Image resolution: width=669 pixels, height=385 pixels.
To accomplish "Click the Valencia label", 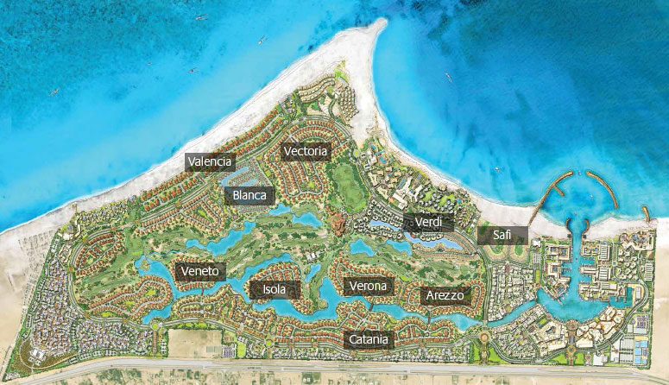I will click(210, 161).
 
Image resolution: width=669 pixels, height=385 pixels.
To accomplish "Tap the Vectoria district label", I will click(306, 151).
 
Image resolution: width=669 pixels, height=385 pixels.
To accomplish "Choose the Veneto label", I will click(202, 271).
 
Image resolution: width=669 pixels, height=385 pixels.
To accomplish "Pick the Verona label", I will click(369, 286).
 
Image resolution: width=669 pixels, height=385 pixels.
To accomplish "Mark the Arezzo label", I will click(445, 295).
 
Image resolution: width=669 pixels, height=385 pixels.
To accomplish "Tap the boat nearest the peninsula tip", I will click(447, 75).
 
